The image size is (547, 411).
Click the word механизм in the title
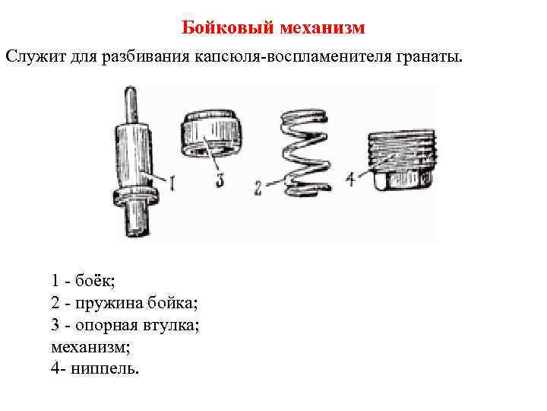click(x=322, y=28)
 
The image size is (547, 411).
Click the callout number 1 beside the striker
click(x=173, y=183)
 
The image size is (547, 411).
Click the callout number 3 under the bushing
click(x=220, y=181)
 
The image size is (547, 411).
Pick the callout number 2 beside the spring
click(x=258, y=187)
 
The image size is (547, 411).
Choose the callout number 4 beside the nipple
click(x=351, y=180)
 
